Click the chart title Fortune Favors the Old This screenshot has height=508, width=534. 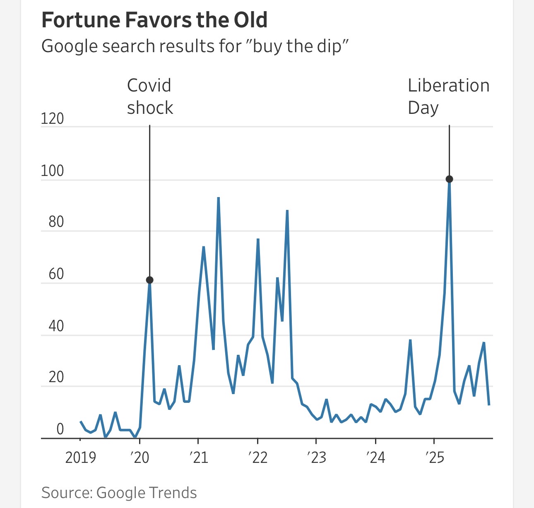(x=154, y=20)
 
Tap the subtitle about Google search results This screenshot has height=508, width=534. (x=195, y=46)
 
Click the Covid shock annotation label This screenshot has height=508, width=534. (x=149, y=96)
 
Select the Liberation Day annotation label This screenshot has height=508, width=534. (x=448, y=96)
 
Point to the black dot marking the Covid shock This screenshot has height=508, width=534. (x=149, y=280)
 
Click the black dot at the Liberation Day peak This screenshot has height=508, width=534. (x=449, y=179)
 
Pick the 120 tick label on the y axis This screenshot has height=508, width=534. (x=52, y=119)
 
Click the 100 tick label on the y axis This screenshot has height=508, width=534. (x=52, y=171)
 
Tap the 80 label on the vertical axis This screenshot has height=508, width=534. (x=56, y=222)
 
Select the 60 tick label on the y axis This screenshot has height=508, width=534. (x=56, y=274)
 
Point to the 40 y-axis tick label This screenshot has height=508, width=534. (x=56, y=326)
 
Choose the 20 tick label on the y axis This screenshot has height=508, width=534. (x=56, y=377)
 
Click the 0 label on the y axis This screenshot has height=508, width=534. (x=60, y=429)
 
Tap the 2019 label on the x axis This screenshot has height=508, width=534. (x=80, y=457)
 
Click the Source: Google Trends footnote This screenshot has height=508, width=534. (x=119, y=493)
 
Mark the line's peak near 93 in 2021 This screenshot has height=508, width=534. (x=218, y=198)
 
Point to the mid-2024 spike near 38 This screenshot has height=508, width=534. (x=410, y=340)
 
